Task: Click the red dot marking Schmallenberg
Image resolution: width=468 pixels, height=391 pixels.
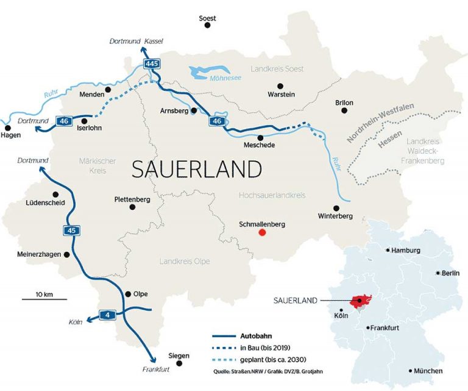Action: coord(262,232)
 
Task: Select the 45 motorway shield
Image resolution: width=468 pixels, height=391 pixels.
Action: coord(71,230)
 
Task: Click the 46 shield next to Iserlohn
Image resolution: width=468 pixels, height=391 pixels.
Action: coord(65,121)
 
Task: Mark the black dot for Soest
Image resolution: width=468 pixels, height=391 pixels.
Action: coord(208,29)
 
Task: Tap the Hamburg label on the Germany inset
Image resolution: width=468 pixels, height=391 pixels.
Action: coord(406,251)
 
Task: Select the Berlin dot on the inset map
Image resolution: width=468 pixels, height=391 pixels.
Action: coord(438,273)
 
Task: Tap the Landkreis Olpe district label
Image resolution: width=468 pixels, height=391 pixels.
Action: coord(184,261)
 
